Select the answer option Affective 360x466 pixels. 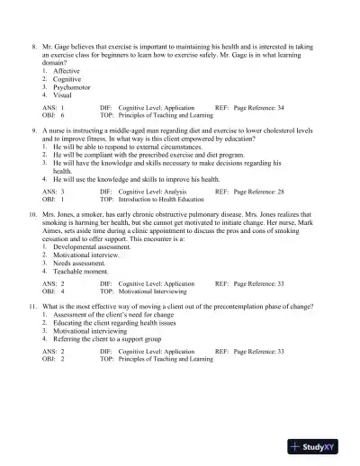(x=67, y=70)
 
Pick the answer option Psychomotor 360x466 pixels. (x=74, y=86)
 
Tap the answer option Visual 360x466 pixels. (x=63, y=94)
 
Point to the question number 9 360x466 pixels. (x=33, y=131)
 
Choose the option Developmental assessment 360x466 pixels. (x=95, y=246)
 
